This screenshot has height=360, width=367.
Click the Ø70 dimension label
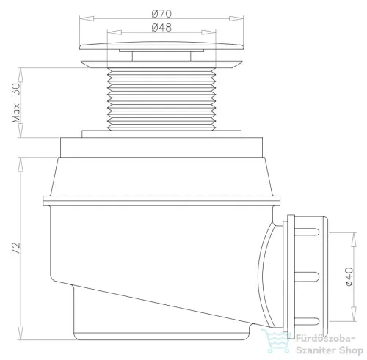tap(161, 14)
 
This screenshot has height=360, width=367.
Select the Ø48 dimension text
tap(161, 28)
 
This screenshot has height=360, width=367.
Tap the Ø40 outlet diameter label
tap(349, 277)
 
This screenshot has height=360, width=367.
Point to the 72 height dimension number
tap(16, 249)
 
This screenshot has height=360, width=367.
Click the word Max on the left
tap(16, 113)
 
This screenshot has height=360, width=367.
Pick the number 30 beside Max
tap(16, 89)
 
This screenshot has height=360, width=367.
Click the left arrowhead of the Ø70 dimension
tap(87, 18)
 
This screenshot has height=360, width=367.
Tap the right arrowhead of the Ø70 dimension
tap(236, 18)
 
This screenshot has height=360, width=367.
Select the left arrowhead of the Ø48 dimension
tap(115, 32)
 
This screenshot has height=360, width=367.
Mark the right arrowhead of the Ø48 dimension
tap(208, 32)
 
